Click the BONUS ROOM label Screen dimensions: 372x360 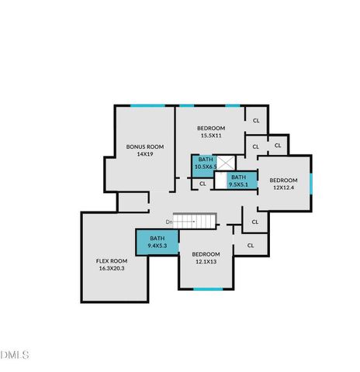click(144, 146)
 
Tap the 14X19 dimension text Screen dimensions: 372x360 click(144, 154)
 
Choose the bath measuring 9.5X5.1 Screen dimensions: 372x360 click(239, 181)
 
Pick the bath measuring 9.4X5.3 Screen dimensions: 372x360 click(157, 242)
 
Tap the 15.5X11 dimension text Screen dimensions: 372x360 click(210, 136)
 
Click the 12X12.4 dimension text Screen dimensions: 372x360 click(283, 188)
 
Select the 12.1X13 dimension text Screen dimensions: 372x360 click(206, 262)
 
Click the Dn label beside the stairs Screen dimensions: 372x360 click(168, 222)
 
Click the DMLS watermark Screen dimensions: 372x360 click(15, 355)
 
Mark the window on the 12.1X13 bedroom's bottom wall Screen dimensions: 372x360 click(207, 289)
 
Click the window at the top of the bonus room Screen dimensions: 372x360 click(147, 106)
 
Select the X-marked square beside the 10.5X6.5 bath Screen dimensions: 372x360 click(224, 163)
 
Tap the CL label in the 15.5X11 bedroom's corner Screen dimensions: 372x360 click(256, 120)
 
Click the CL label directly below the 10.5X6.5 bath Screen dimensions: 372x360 click(203, 184)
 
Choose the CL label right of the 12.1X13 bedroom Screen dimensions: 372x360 click(251, 246)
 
